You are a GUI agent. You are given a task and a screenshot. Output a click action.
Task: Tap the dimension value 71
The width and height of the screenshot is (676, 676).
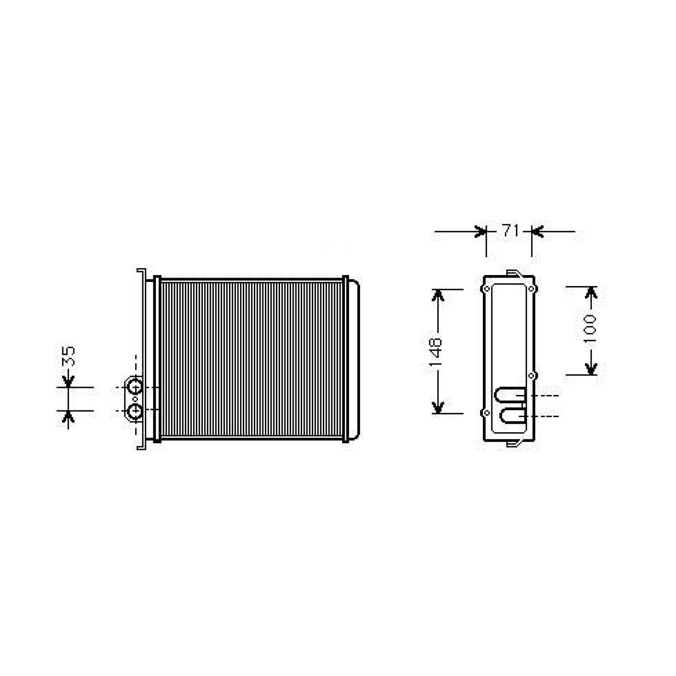click(510, 231)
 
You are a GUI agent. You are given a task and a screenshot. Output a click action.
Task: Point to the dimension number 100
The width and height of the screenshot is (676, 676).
click(590, 328)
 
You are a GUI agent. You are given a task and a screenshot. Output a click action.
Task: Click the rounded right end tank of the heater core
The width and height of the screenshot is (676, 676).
click(354, 360)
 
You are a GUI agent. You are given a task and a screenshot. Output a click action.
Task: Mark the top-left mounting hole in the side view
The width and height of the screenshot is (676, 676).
click(487, 289)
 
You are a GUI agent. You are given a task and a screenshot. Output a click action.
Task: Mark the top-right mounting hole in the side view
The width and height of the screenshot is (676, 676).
click(532, 289)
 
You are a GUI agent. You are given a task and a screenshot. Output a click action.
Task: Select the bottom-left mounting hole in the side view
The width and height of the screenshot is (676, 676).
click(487, 413)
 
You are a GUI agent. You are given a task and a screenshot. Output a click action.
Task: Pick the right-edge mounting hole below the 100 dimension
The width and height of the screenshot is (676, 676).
click(532, 375)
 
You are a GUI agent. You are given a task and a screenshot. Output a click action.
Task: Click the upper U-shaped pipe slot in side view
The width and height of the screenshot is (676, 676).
click(510, 395)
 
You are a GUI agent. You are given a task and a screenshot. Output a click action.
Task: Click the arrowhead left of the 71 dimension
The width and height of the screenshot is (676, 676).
click(480, 231)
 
